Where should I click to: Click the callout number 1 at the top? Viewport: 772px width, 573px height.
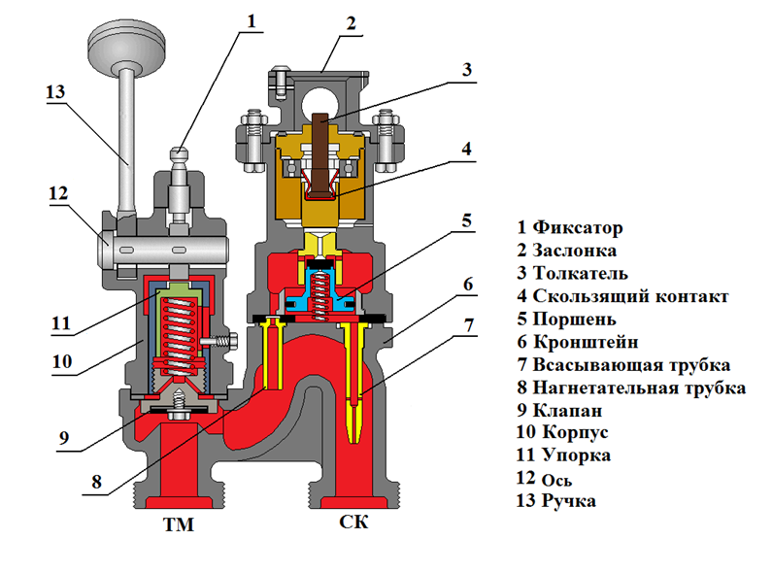(x=252, y=17)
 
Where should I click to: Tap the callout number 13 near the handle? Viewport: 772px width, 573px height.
(x=55, y=92)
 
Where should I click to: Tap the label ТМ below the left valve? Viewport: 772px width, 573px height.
(x=180, y=527)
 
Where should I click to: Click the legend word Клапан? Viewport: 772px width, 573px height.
(x=571, y=411)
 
